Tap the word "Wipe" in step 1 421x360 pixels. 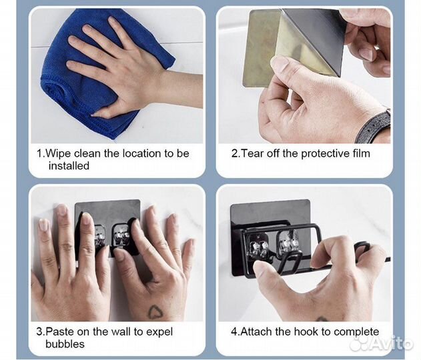59,154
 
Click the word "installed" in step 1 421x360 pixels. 69,166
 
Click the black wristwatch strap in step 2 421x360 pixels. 374,125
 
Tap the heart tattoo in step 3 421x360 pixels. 154,312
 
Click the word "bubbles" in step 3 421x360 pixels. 65,344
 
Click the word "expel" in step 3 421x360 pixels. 159,333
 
